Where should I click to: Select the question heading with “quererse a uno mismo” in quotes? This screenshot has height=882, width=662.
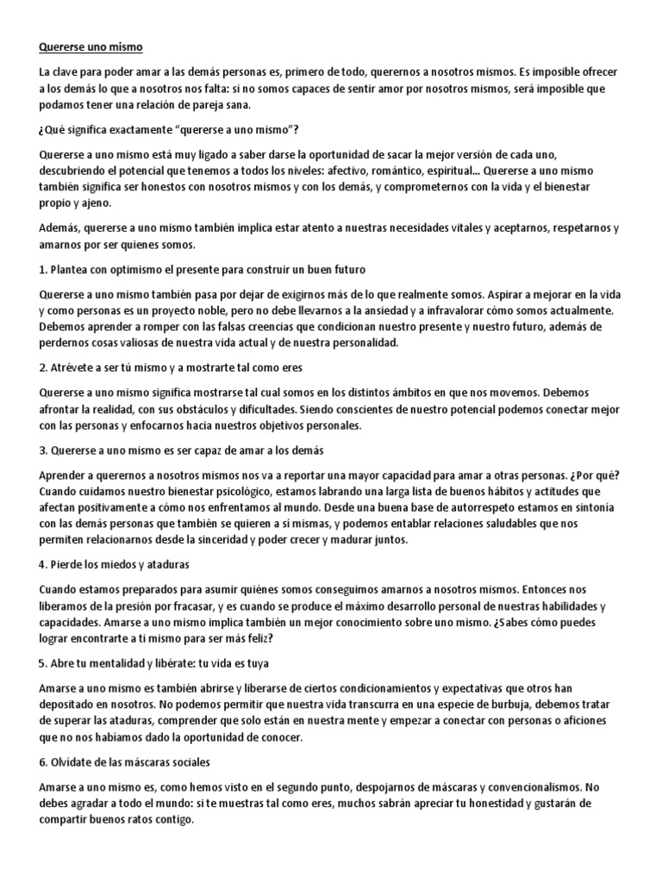tap(169, 130)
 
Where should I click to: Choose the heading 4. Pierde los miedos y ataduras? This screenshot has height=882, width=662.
tap(114, 564)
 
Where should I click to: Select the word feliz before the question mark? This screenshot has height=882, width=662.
tap(259, 637)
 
